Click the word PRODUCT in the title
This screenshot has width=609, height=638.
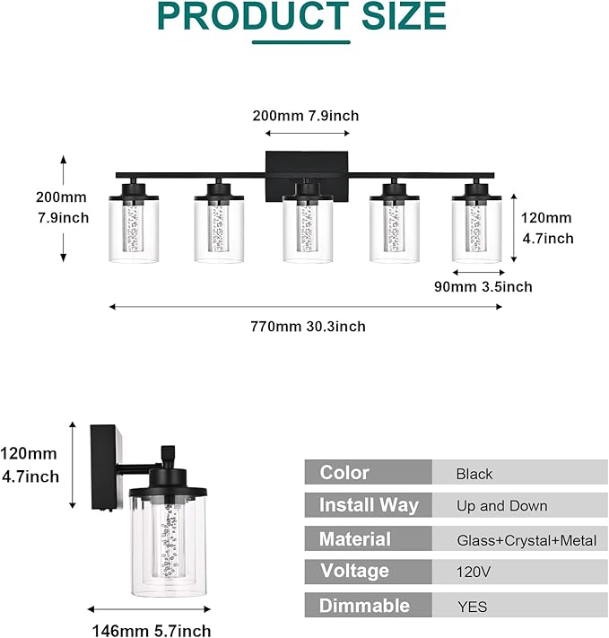tap(257, 16)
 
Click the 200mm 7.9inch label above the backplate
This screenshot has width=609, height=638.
tap(307, 115)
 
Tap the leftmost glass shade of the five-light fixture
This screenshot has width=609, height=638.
tap(135, 231)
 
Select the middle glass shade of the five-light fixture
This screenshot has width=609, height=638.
tap(308, 232)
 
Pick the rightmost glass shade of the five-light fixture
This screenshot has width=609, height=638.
tap(479, 232)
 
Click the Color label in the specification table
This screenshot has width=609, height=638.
tap(344, 473)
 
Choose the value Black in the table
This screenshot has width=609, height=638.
tap(474, 474)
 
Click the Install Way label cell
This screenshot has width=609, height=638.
tap(369, 505)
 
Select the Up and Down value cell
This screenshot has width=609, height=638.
tap(501, 506)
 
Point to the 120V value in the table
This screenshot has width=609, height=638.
tap(473, 572)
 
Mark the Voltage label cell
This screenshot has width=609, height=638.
tap(354, 571)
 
